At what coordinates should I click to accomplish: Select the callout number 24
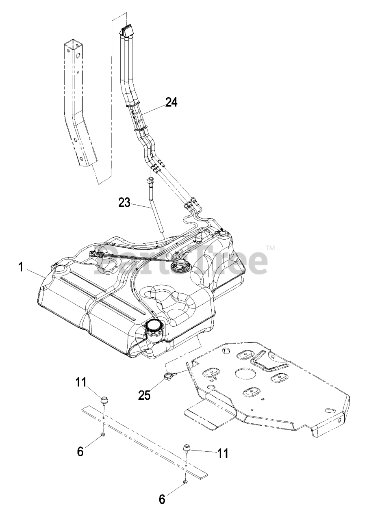click(171, 103)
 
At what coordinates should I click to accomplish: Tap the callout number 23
click(124, 202)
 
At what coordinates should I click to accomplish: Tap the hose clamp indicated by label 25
click(168, 377)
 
